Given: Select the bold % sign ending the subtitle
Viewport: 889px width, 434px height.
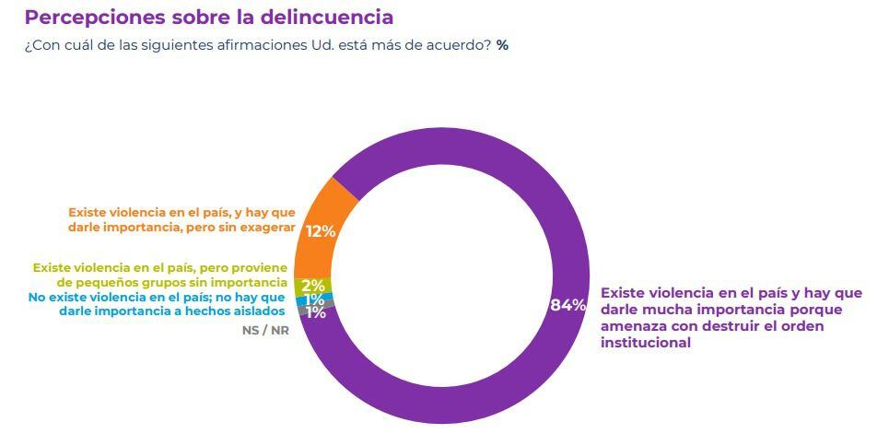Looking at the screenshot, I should (502, 45).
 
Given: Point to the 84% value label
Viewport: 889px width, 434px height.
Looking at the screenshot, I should (567, 305).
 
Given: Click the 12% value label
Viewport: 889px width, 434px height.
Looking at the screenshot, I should (320, 231).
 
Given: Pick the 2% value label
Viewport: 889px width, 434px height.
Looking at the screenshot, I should (313, 285).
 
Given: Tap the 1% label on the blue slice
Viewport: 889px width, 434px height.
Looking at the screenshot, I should (314, 299).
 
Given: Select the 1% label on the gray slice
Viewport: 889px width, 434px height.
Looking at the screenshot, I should (316, 312).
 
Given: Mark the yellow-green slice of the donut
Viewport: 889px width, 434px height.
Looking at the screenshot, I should (301, 285).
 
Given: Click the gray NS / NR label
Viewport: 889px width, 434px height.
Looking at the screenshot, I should (266, 330).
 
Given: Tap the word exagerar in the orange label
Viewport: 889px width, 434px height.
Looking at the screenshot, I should (264, 227).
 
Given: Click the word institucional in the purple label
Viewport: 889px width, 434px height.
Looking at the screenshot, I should (646, 343).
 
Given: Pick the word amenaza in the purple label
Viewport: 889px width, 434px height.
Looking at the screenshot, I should (632, 326).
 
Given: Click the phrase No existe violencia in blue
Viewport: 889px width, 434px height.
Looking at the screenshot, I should (79, 297).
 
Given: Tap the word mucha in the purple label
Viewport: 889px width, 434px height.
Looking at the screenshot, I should (669, 310).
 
